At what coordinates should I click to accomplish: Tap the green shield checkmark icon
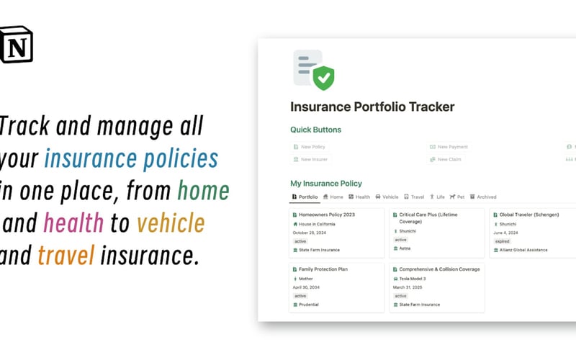[x=323, y=76]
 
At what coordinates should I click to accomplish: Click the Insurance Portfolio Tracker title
[x=372, y=107]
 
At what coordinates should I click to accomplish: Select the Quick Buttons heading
[x=315, y=130]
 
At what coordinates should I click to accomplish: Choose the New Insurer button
[x=313, y=159]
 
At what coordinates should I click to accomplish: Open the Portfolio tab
[x=305, y=197]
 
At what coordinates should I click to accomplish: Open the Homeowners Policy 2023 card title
[x=327, y=215]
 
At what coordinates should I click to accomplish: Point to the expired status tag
[x=503, y=242]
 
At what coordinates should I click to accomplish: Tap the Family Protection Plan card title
[x=323, y=269]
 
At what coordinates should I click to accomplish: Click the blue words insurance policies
[x=131, y=158]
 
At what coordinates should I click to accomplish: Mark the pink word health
[x=73, y=223]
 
